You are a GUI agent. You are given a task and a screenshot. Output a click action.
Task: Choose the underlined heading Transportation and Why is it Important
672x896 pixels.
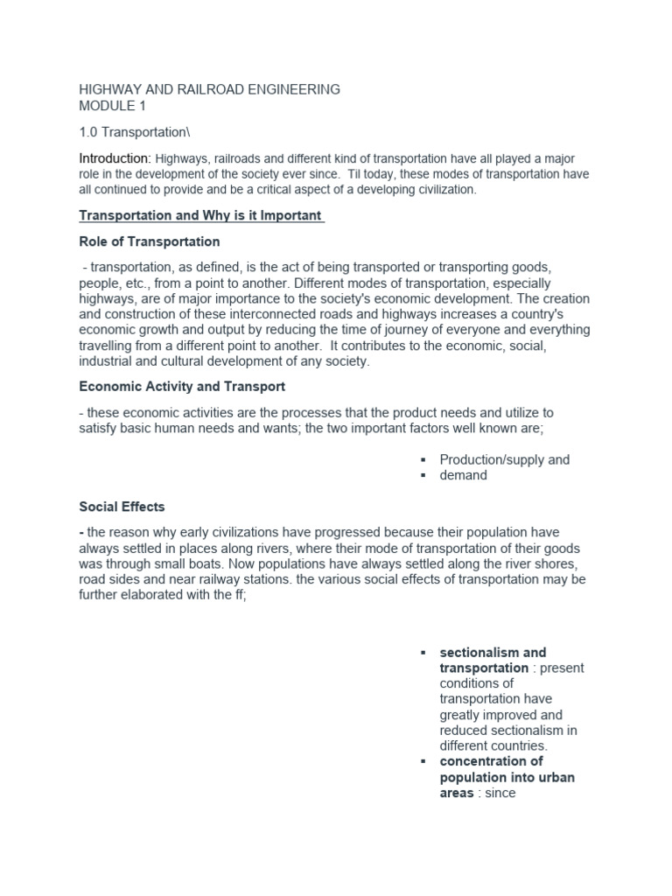click(x=201, y=215)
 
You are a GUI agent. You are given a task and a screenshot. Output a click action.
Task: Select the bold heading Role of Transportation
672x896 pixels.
click(x=150, y=241)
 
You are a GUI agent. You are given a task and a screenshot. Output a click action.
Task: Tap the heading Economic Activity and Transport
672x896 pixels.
click(x=182, y=386)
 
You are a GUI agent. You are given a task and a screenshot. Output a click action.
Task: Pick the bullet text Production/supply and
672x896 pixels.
click(x=504, y=459)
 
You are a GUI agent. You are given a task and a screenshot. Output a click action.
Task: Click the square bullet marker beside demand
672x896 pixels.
click(x=422, y=476)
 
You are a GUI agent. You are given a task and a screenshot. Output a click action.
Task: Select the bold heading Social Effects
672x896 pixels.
click(x=122, y=507)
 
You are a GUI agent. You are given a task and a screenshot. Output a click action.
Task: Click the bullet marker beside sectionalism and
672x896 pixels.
click(x=422, y=653)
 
